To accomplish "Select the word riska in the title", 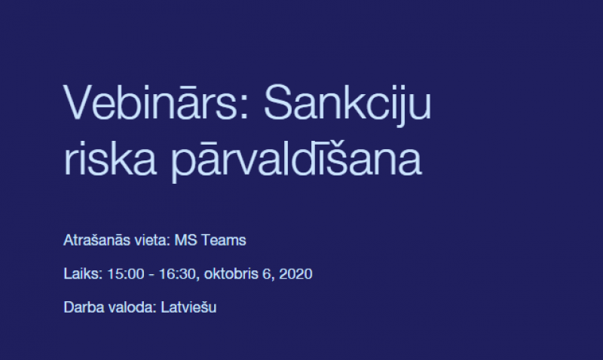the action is (110, 157).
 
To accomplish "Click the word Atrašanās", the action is (97, 240).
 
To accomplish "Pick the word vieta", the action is (152, 240).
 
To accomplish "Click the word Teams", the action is (224, 240).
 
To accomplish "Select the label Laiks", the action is (83, 274).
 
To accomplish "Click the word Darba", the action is (84, 307).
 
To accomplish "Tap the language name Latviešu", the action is (188, 307).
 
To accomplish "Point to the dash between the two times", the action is (152, 275).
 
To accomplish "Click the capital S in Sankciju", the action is (277, 102).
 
